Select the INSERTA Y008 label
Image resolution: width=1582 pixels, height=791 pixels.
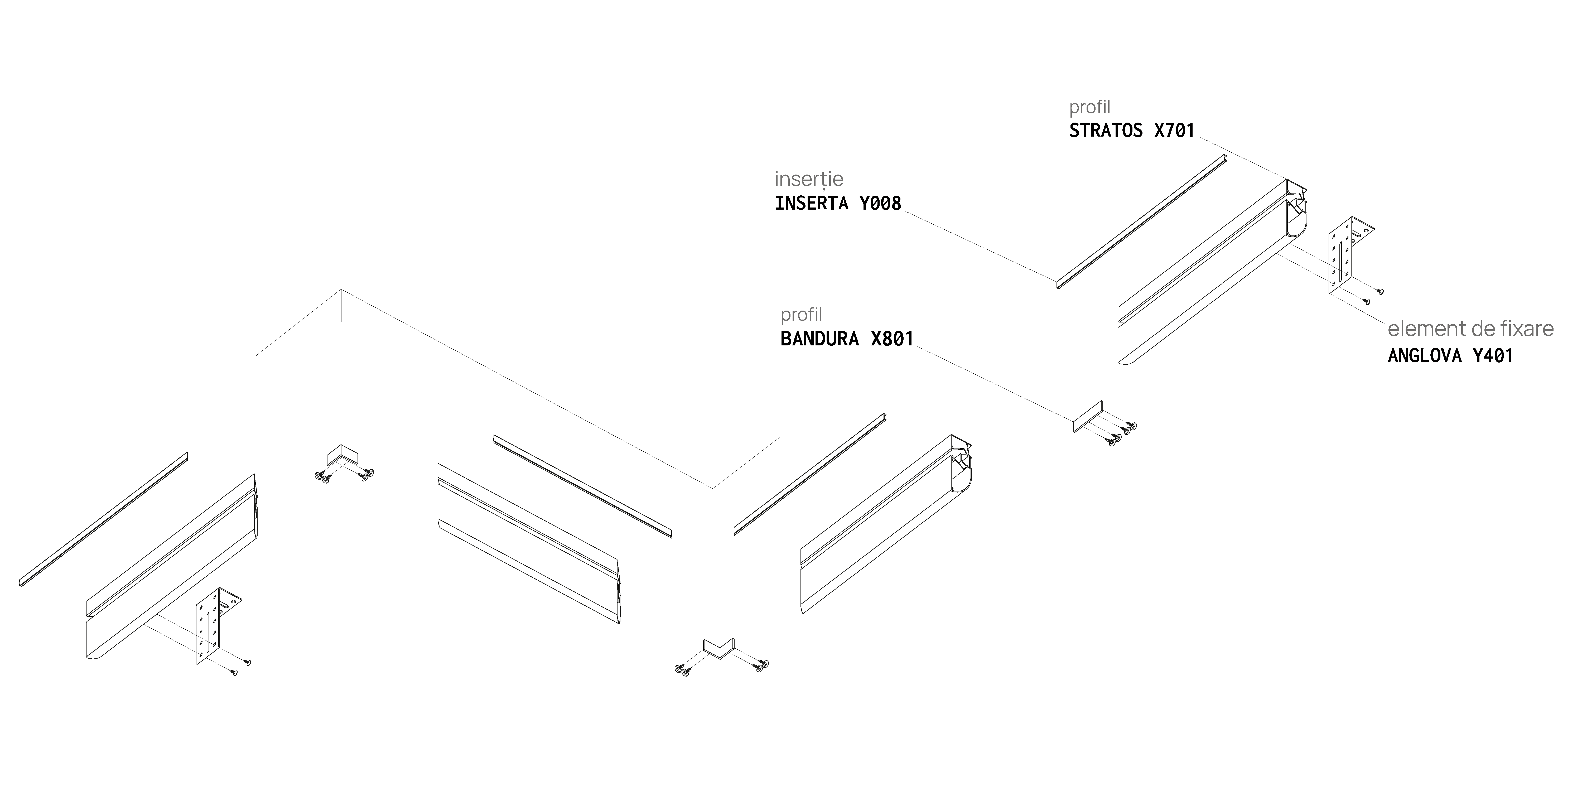point(838,203)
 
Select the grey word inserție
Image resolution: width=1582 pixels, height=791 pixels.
point(809,179)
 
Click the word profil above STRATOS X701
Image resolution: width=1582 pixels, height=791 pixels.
point(1090,108)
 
